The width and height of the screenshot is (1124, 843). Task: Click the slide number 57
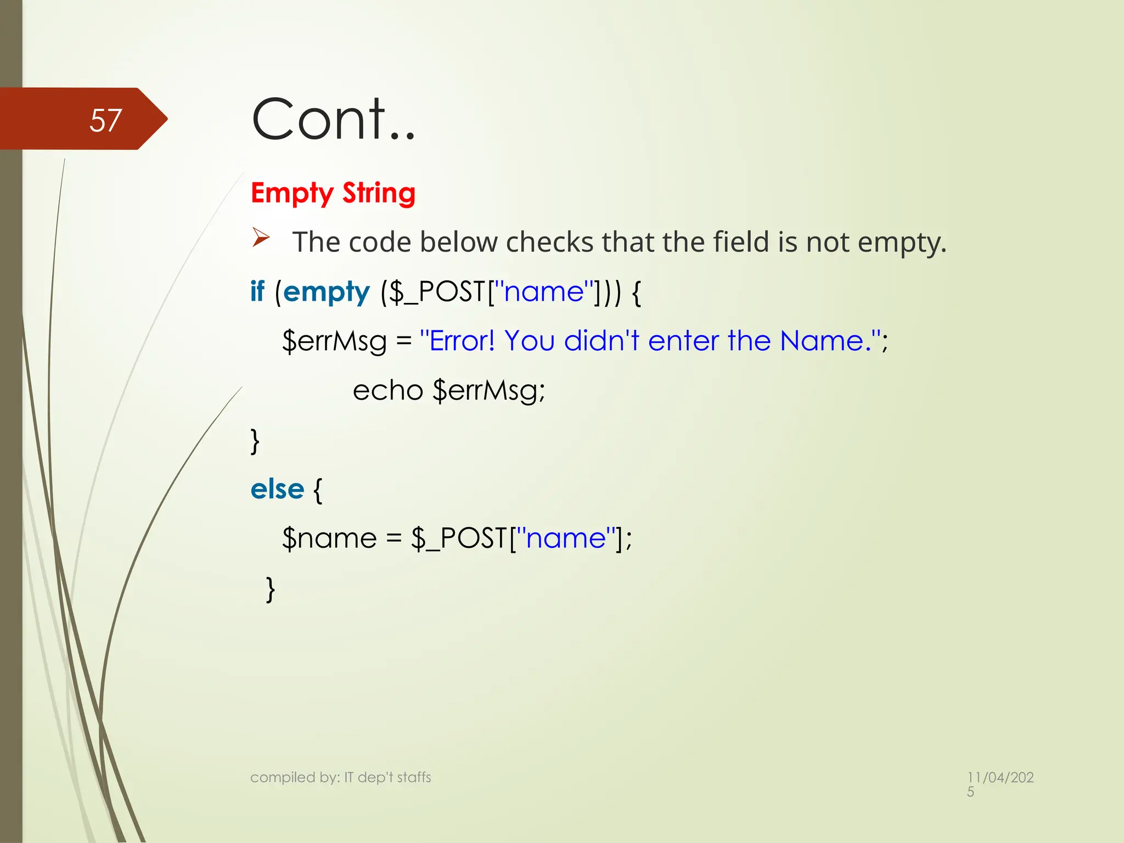point(105,120)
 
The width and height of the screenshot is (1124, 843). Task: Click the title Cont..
point(333,119)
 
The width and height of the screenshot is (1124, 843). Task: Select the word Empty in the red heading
point(292,193)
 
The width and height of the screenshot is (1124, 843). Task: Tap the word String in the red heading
point(379,193)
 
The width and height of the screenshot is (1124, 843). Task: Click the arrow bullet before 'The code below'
point(261,238)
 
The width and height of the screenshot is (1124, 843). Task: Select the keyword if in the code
point(257,291)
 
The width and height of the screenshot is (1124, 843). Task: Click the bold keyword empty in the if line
point(327,292)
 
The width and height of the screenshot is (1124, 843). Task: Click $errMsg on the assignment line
point(334,341)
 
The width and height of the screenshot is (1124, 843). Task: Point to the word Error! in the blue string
point(462,341)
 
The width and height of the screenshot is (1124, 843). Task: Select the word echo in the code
point(387,390)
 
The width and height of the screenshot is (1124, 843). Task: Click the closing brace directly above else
point(255,441)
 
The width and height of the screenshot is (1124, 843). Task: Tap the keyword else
point(277,489)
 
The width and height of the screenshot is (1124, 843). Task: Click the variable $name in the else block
point(329,538)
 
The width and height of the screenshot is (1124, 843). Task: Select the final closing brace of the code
point(270,589)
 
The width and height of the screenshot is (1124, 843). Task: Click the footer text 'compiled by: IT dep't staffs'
point(340,777)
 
